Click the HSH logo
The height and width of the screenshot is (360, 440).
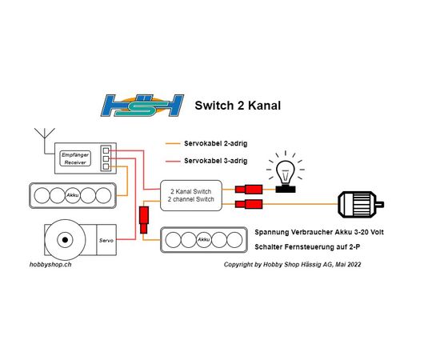[x=142, y=106]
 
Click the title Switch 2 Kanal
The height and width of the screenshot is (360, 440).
[x=238, y=106]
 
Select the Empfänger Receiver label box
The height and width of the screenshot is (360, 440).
[x=75, y=158]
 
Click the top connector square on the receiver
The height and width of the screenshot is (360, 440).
[x=106, y=150]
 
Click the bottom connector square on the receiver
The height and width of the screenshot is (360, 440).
[x=106, y=166]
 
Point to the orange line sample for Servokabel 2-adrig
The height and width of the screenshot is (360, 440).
[x=173, y=144]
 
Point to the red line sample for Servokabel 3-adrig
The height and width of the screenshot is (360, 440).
[x=173, y=161]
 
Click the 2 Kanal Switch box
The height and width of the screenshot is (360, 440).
[x=191, y=195]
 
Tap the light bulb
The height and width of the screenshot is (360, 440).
[x=286, y=172]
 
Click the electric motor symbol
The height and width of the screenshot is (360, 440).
[x=361, y=204]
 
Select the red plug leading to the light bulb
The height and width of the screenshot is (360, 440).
[x=249, y=190]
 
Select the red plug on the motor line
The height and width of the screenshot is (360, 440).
[x=249, y=204]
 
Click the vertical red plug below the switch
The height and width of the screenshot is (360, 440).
[x=144, y=220]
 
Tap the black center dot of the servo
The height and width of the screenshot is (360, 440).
[x=65, y=240]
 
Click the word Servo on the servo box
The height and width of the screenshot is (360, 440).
[x=106, y=241]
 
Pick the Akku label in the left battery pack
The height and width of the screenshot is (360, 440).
[x=72, y=195]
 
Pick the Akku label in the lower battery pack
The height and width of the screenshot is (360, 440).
[x=204, y=240]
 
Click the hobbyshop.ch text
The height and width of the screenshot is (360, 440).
[x=50, y=265]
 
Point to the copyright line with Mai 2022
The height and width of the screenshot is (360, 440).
[x=292, y=265]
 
